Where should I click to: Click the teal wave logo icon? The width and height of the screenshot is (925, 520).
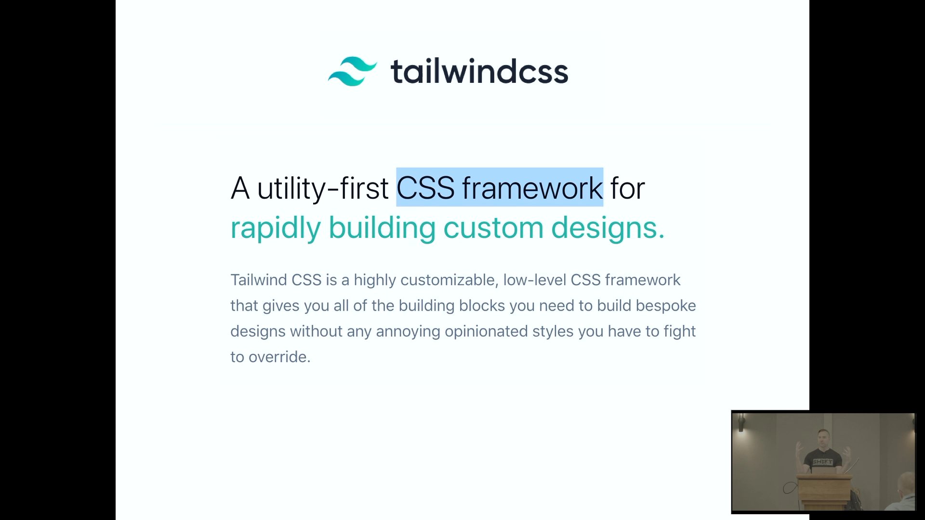(352, 71)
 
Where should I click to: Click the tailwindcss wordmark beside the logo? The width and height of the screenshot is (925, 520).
(479, 71)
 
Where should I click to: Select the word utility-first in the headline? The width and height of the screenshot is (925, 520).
(322, 188)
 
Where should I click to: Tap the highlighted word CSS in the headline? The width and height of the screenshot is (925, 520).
(425, 187)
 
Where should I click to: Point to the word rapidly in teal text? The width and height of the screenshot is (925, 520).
(275, 228)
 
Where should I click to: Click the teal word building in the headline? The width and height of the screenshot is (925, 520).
(382, 228)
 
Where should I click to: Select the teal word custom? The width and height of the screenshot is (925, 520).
(493, 228)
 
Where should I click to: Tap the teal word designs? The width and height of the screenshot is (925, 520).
(608, 228)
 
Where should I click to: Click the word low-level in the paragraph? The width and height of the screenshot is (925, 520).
(534, 280)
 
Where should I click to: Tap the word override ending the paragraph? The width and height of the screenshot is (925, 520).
(279, 357)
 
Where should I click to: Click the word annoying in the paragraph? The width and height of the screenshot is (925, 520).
(408, 332)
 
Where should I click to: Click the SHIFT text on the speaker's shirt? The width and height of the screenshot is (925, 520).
(822, 462)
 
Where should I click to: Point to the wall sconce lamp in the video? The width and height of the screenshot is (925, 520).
(741, 423)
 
